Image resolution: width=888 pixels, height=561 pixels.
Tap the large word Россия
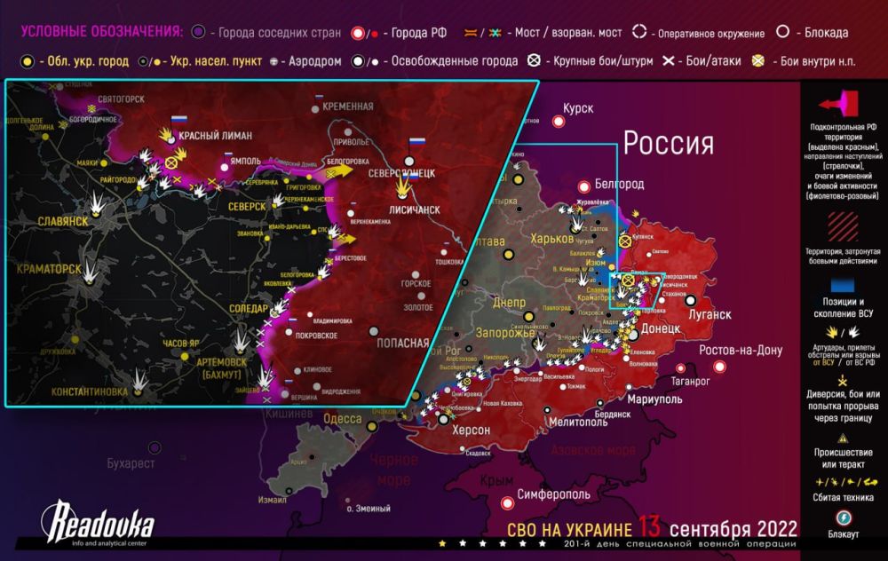pyautogui.click(x=668, y=142)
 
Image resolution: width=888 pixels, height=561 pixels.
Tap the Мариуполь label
pyautogui.click(x=640, y=399)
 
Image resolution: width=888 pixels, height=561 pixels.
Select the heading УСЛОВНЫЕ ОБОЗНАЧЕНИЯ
pyautogui.click(x=101, y=32)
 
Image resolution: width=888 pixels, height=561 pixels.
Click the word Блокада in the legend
pyautogui.click(x=824, y=33)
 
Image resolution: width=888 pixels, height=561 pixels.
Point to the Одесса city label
pyautogui.click(x=342, y=419)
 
